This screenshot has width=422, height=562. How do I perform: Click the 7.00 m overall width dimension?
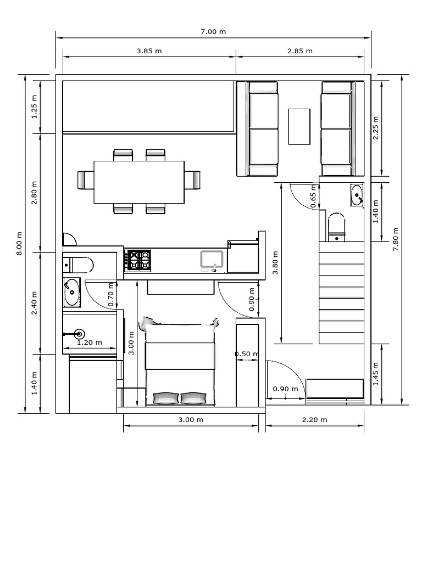(213, 31)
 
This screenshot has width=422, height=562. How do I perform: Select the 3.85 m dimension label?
(149, 51)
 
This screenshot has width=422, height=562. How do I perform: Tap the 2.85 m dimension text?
(299, 51)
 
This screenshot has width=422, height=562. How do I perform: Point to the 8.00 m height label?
(19, 244)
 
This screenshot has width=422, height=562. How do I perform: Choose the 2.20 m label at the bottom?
(314, 420)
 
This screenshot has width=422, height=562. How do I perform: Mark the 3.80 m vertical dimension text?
(275, 265)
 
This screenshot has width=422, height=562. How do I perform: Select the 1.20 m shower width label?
(89, 342)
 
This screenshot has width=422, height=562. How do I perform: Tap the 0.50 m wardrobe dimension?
(246, 354)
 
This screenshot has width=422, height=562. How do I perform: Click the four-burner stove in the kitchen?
(138, 260)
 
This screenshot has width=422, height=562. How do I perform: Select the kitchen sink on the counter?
(212, 260)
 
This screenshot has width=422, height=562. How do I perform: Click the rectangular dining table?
(139, 181)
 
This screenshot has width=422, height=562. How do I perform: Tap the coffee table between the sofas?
(299, 126)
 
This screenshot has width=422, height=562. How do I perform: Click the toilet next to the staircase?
(336, 227)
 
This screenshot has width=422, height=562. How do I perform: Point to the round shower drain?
(79, 333)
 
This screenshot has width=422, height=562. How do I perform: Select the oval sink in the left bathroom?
(71, 292)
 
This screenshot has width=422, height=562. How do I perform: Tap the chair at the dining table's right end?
(192, 179)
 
